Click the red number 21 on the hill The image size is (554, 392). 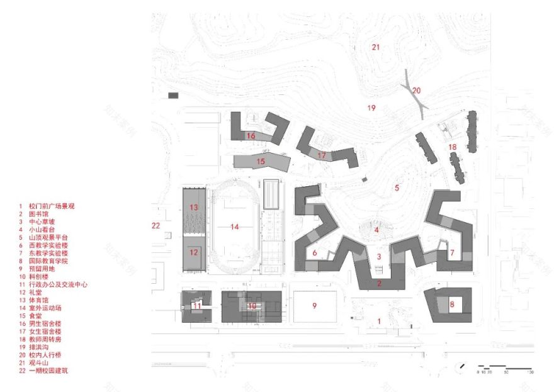(376, 47)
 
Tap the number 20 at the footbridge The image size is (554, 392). (416, 91)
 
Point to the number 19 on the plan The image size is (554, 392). (371, 108)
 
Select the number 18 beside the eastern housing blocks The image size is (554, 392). (452, 147)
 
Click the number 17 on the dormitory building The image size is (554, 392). (322, 155)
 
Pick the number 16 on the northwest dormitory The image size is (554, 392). (251, 136)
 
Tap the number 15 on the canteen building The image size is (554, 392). (261, 161)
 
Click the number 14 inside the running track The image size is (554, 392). (235, 227)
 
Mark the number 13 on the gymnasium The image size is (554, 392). (195, 207)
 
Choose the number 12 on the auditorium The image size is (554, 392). (194, 252)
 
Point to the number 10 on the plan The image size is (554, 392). (252, 306)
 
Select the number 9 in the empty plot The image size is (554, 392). (315, 306)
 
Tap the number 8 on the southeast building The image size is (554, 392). (451, 305)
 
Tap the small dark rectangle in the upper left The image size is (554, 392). (173, 96)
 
